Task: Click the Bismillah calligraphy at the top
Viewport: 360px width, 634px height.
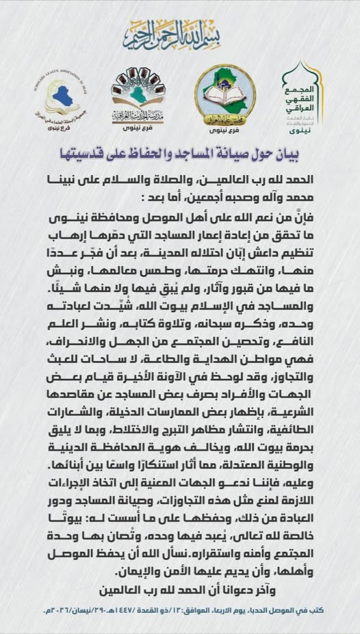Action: pos(180,34)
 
